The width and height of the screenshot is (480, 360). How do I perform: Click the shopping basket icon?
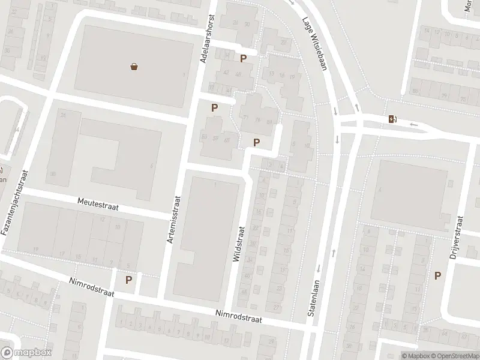134,67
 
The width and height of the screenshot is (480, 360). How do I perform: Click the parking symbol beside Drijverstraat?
438,275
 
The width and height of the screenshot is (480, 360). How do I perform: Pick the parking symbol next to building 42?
243,58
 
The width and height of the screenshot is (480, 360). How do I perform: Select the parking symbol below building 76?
257,142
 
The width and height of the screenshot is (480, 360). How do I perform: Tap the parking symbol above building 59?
214,107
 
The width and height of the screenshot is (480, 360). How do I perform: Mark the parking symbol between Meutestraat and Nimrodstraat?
128,279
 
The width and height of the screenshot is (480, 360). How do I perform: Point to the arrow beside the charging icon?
413,124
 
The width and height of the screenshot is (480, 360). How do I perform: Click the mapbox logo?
26,353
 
